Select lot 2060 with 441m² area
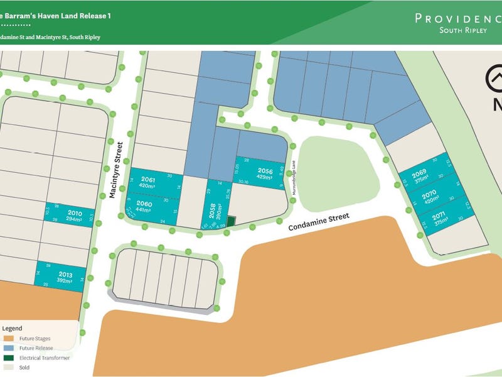(145, 207)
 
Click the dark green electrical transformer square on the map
(230, 221)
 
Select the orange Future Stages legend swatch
(9, 338)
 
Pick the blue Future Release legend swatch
(9, 347)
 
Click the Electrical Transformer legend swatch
(9, 358)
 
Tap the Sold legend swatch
(9, 367)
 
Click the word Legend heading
(13, 328)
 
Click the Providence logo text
(457, 18)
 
